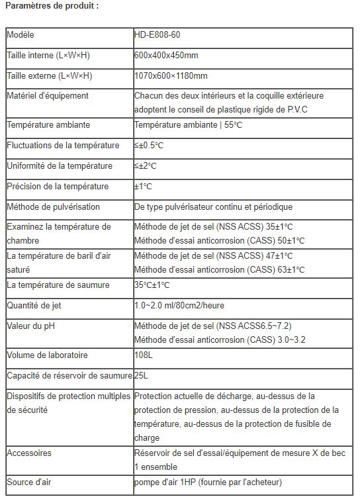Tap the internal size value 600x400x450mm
click(166, 55)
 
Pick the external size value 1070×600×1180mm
click(171, 75)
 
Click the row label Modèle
click(21, 34)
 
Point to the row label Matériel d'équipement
click(48, 96)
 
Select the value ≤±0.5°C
click(149, 146)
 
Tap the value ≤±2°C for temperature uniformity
click(146, 166)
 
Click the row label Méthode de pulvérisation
click(53, 207)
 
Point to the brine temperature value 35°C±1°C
click(152, 285)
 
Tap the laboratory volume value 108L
click(144, 355)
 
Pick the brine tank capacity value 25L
click(141, 376)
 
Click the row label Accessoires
click(29, 453)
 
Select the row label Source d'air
click(28, 481)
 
